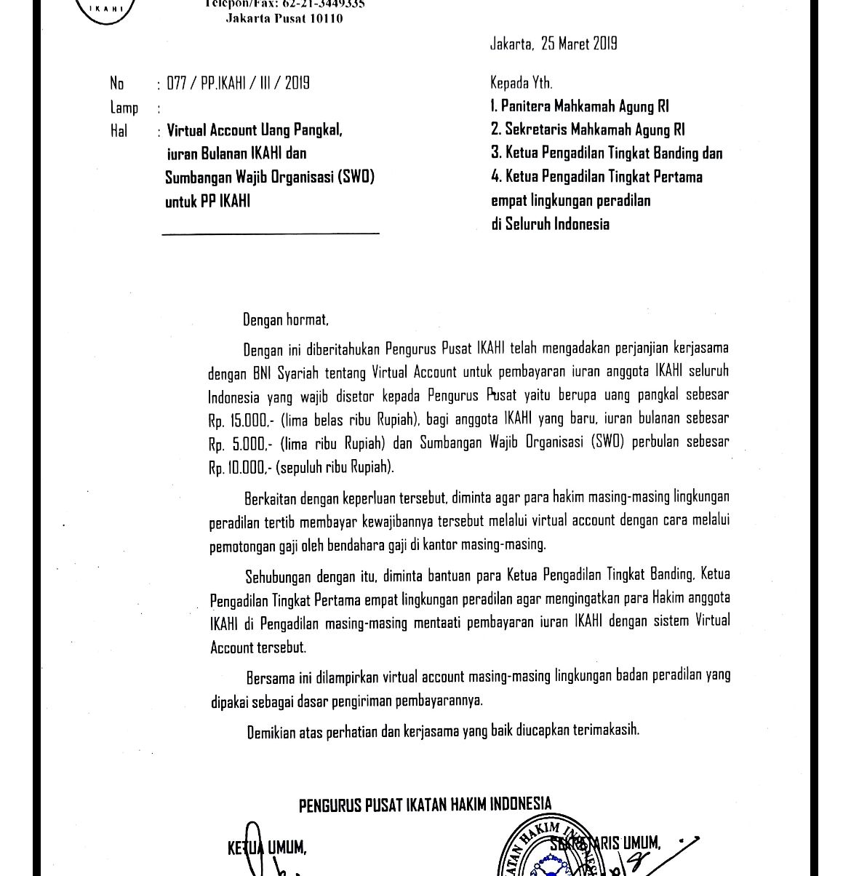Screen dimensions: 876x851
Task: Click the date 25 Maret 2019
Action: tap(579, 44)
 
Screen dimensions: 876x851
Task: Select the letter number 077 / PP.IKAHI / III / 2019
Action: tap(239, 83)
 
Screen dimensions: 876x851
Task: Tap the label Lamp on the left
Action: tap(124, 108)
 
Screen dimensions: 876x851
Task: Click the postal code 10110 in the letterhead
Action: tap(326, 18)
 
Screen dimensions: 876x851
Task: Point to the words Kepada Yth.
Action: tap(522, 83)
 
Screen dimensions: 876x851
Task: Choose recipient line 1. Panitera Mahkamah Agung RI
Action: tap(580, 107)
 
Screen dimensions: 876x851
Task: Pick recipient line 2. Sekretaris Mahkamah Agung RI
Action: tap(588, 130)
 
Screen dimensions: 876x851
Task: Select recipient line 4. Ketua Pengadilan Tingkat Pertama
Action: tap(596, 177)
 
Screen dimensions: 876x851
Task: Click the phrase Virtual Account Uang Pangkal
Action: tap(254, 131)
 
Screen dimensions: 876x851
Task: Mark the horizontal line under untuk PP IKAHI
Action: tap(271, 234)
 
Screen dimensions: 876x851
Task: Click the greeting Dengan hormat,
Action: tap(286, 319)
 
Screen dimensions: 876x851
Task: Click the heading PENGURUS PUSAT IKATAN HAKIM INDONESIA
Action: tap(425, 805)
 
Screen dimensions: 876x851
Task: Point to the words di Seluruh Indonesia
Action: tap(550, 224)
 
